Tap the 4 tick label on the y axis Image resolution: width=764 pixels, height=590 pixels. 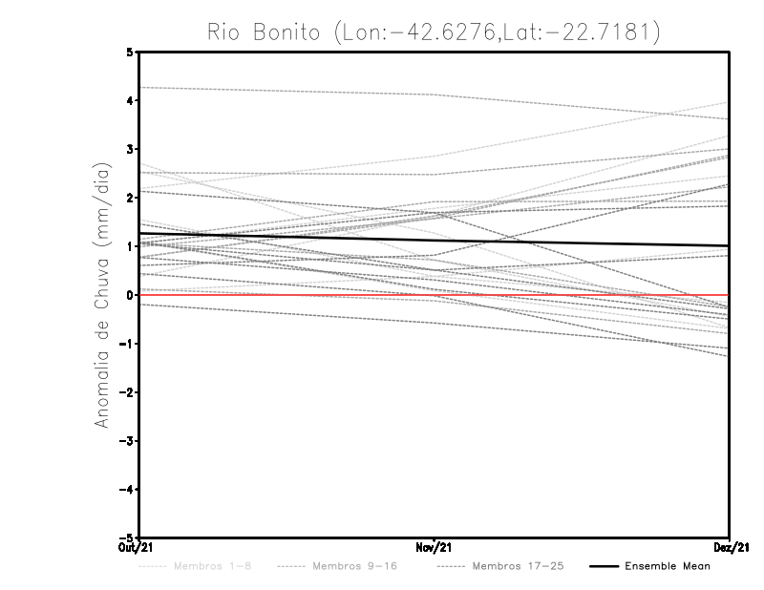130,101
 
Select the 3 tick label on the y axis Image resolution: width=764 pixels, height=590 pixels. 130,150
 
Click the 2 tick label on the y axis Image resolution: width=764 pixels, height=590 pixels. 130,199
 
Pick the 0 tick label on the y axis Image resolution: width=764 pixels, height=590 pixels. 130,295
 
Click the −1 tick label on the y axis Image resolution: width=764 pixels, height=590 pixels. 127,344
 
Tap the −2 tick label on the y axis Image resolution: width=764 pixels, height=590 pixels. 127,392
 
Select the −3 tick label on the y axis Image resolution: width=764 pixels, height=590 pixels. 127,441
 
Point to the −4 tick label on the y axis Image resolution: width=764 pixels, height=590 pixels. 127,490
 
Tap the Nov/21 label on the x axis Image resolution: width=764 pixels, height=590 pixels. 435,547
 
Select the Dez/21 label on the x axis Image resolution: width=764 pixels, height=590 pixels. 730,547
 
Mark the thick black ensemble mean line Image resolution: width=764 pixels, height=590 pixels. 573,242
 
